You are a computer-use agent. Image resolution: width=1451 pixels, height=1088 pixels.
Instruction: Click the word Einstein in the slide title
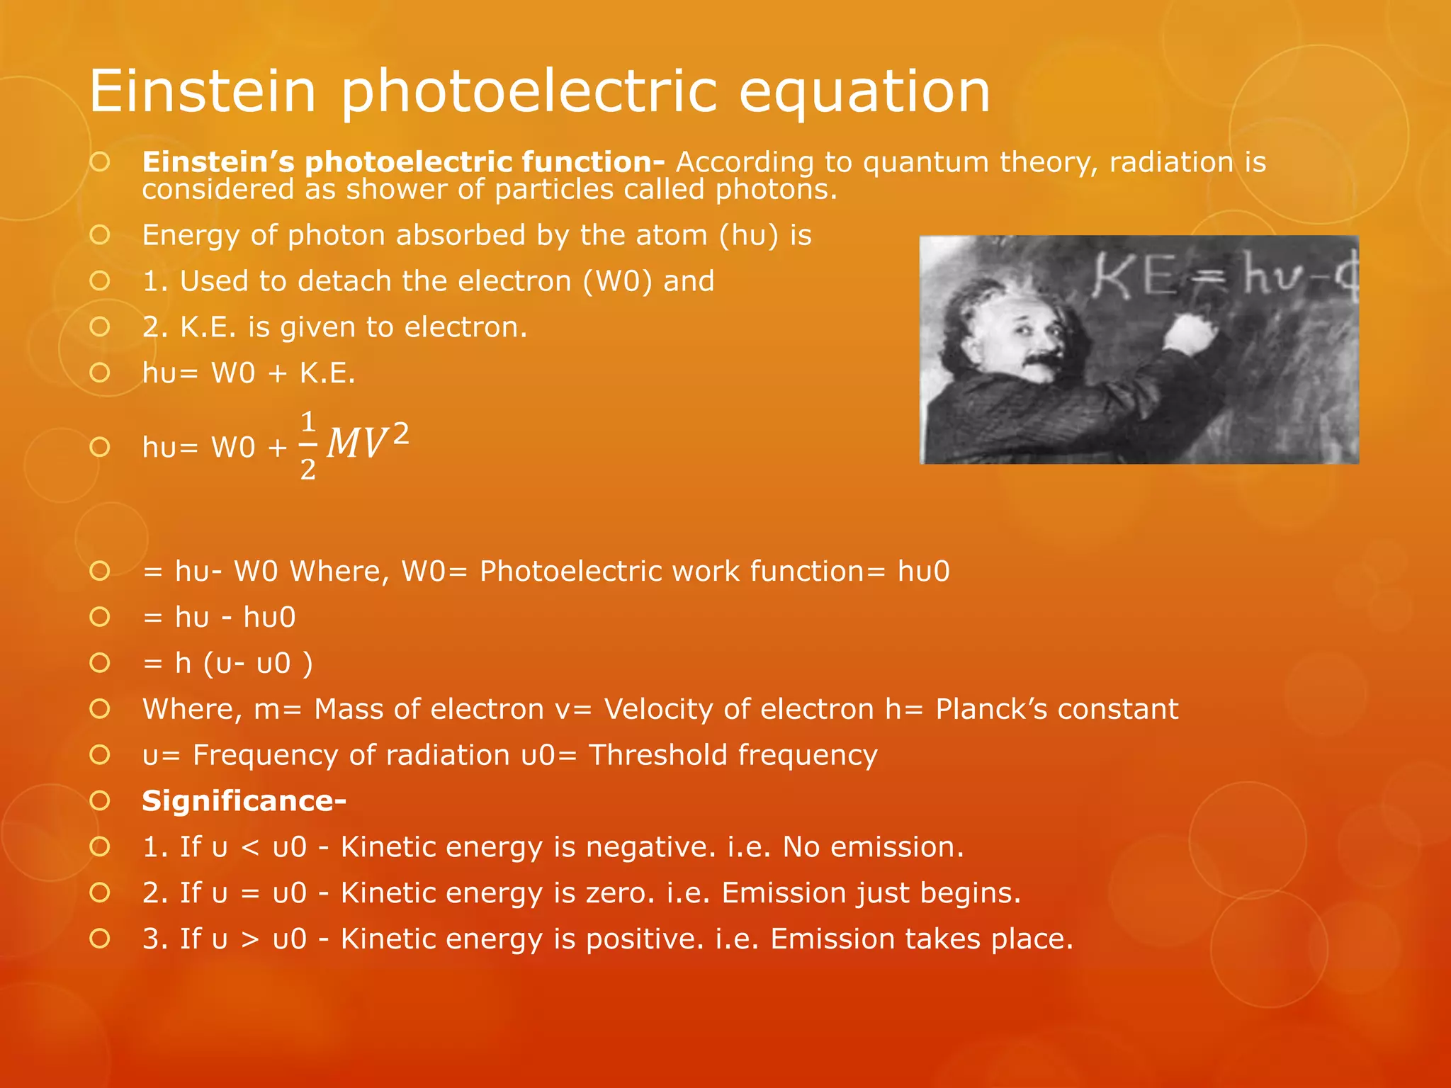click(202, 92)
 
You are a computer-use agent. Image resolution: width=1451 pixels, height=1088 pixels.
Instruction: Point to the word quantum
click(925, 163)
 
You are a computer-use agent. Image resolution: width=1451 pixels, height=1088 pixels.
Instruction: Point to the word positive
click(645, 939)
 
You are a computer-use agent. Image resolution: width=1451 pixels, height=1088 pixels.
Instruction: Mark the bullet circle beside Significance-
click(100, 801)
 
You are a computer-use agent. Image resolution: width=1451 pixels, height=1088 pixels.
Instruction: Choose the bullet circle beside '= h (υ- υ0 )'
click(100, 663)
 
